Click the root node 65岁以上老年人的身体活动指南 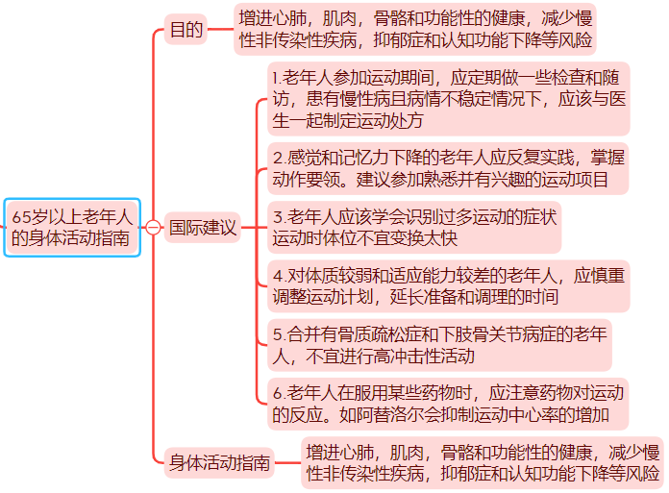pyautogui.click(x=71, y=228)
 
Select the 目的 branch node pyautogui.click(x=186, y=30)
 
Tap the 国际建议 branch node pyautogui.click(x=202, y=228)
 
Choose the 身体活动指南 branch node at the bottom pyautogui.click(x=218, y=461)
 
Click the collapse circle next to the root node pyautogui.click(x=152, y=228)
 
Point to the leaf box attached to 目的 pyautogui.click(x=415, y=29)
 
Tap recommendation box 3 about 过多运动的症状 pyautogui.click(x=414, y=228)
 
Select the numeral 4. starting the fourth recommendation pyautogui.click(x=279, y=276)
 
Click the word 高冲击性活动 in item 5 pyautogui.click(x=428, y=357)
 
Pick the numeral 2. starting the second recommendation pyautogui.click(x=279, y=158)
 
